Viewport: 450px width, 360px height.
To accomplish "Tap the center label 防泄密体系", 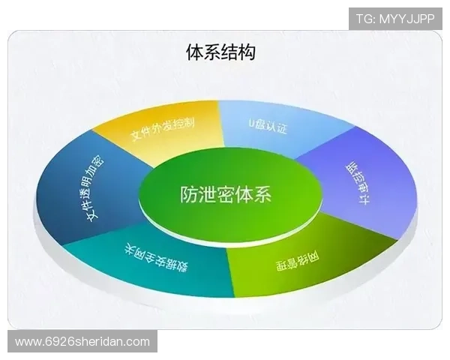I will pos(226,193).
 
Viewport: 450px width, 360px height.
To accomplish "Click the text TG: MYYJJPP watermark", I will pos(394,19).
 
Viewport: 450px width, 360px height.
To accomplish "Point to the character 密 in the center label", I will pos(226,193).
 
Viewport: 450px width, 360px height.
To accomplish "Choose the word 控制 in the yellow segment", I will pos(184,122).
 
